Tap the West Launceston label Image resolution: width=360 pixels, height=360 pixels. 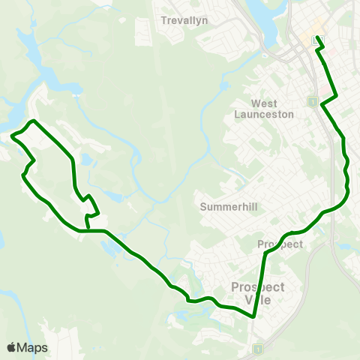point(264,109)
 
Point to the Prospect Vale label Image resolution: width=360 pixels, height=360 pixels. point(258,292)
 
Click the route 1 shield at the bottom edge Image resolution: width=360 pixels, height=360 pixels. point(257,349)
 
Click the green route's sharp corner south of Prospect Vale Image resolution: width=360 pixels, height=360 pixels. point(254,316)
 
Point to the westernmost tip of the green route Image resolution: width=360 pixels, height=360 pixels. point(13,136)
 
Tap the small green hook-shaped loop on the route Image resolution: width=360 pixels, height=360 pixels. point(91,208)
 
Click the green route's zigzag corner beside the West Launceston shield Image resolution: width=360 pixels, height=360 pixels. point(322,106)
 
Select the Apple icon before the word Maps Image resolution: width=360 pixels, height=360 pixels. point(11,347)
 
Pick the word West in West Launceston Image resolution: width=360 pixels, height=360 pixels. point(264,103)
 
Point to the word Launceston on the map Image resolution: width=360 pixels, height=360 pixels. point(264,114)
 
